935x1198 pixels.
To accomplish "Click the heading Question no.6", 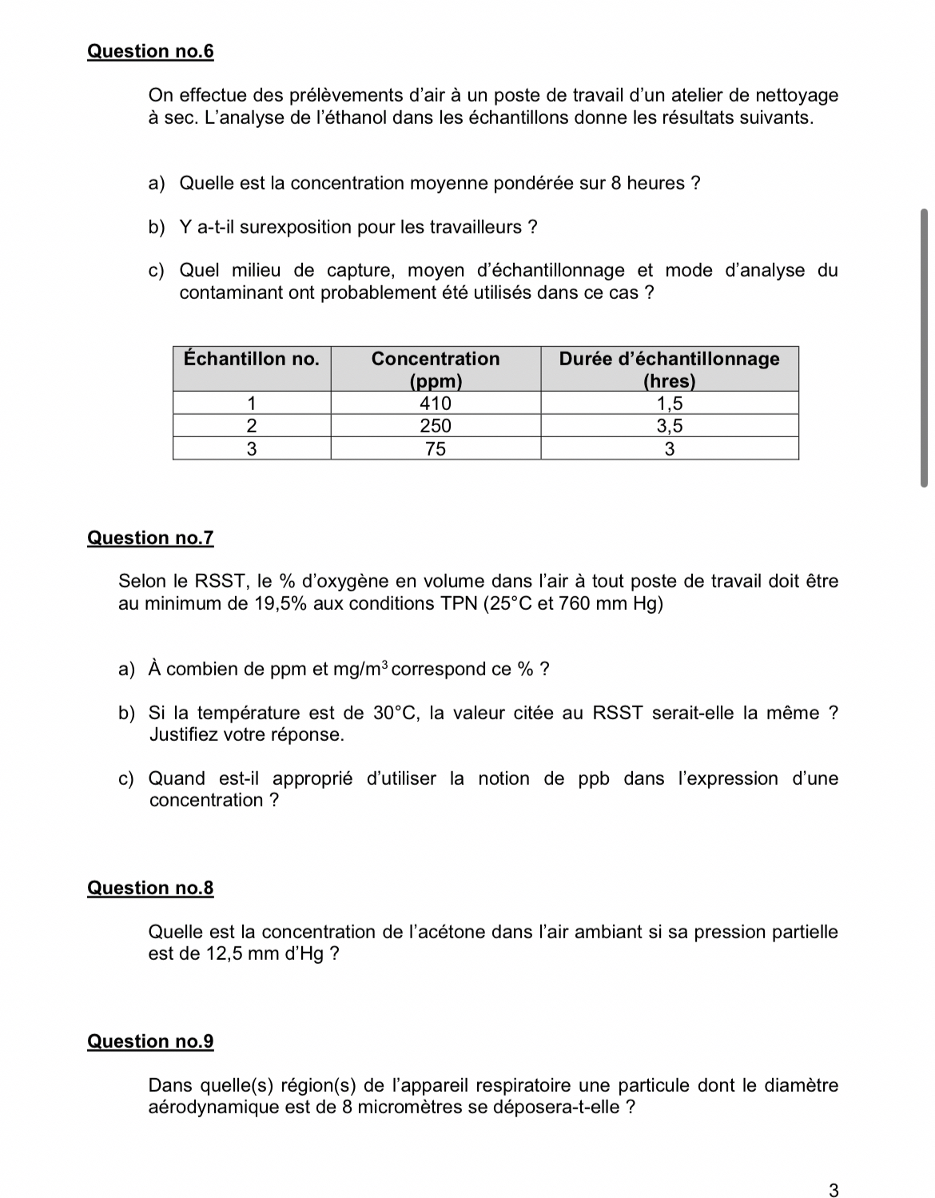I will [150, 51].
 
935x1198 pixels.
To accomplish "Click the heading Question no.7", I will [150, 538].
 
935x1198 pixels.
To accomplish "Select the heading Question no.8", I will [150, 888].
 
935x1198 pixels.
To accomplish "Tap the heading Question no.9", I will [150, 1041].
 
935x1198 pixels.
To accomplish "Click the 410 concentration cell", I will [436, 403].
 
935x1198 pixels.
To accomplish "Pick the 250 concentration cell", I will [436, 425].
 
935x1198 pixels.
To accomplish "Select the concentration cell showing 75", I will [436, 448].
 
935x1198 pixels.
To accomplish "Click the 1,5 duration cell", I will [669, 403].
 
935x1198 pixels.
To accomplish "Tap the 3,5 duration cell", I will [669, 425].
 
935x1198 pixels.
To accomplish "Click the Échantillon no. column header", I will [251, 359].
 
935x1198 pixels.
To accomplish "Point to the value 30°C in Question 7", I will [396, 713].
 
